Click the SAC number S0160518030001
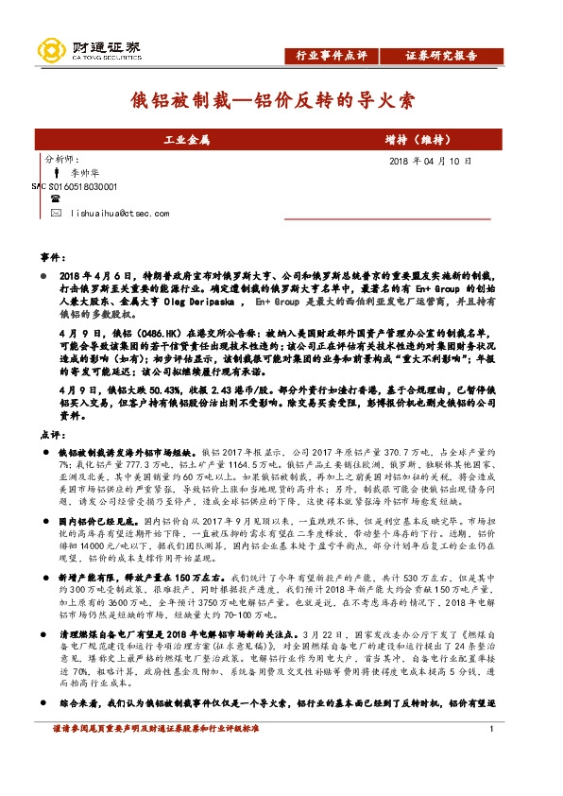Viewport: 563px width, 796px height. click(81, 187)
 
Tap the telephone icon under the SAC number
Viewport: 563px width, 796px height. click(56, 199)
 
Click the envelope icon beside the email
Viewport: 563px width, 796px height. click(57, 215)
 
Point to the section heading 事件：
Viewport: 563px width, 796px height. click(53, 256)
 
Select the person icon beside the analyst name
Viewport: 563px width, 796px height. click(57, 175)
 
